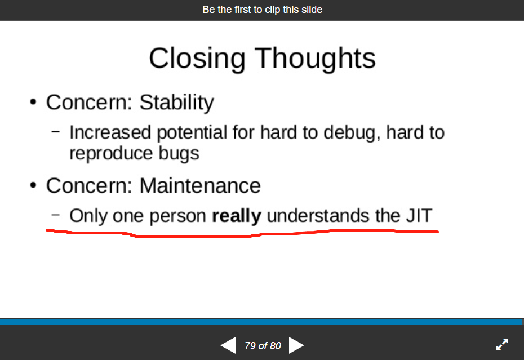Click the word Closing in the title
(x=197, y=59)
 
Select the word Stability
(x=176, y=103)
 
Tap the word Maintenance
(x=200, y=185)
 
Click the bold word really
(x=236, y=216)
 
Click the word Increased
(x=110, y=132)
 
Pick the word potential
(x=192, y=132)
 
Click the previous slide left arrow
(x=228, y=345)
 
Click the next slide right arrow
(x=296, y=345)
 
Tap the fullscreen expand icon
(x=501, y=345)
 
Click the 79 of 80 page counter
(x=263, y=345)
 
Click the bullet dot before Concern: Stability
(x=34, y=103)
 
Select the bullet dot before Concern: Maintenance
(x=34, y=186)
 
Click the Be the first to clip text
(x=262, y=10)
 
